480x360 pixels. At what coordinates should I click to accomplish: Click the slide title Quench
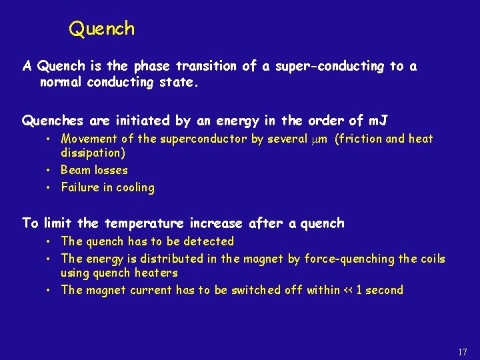(x=102, y=29)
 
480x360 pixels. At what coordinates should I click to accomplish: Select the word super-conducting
(x=321, y=66)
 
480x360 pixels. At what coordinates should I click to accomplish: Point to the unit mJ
(x=378, y=121)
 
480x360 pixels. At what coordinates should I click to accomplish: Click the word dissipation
(x=93, y=153)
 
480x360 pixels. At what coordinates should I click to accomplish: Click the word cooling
(x=135, y=187)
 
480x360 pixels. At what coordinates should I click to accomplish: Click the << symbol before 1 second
(x=349, y=290)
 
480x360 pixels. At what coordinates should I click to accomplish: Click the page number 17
(x=463, y=352)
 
